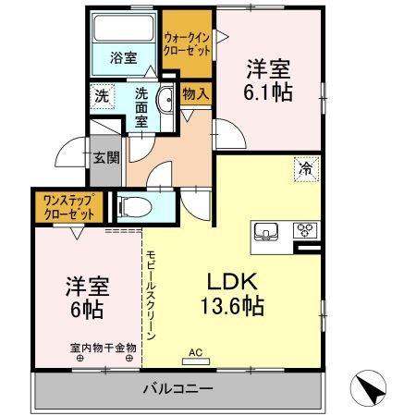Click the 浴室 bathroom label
click(124, 57)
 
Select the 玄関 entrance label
click(105, 157)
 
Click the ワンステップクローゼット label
click(69, 206)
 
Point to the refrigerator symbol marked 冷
click(304, 168)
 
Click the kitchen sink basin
click(266, 230)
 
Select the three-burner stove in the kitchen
click(306, 230)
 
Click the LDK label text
click(231, 281)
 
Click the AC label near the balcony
click(194, 352)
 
